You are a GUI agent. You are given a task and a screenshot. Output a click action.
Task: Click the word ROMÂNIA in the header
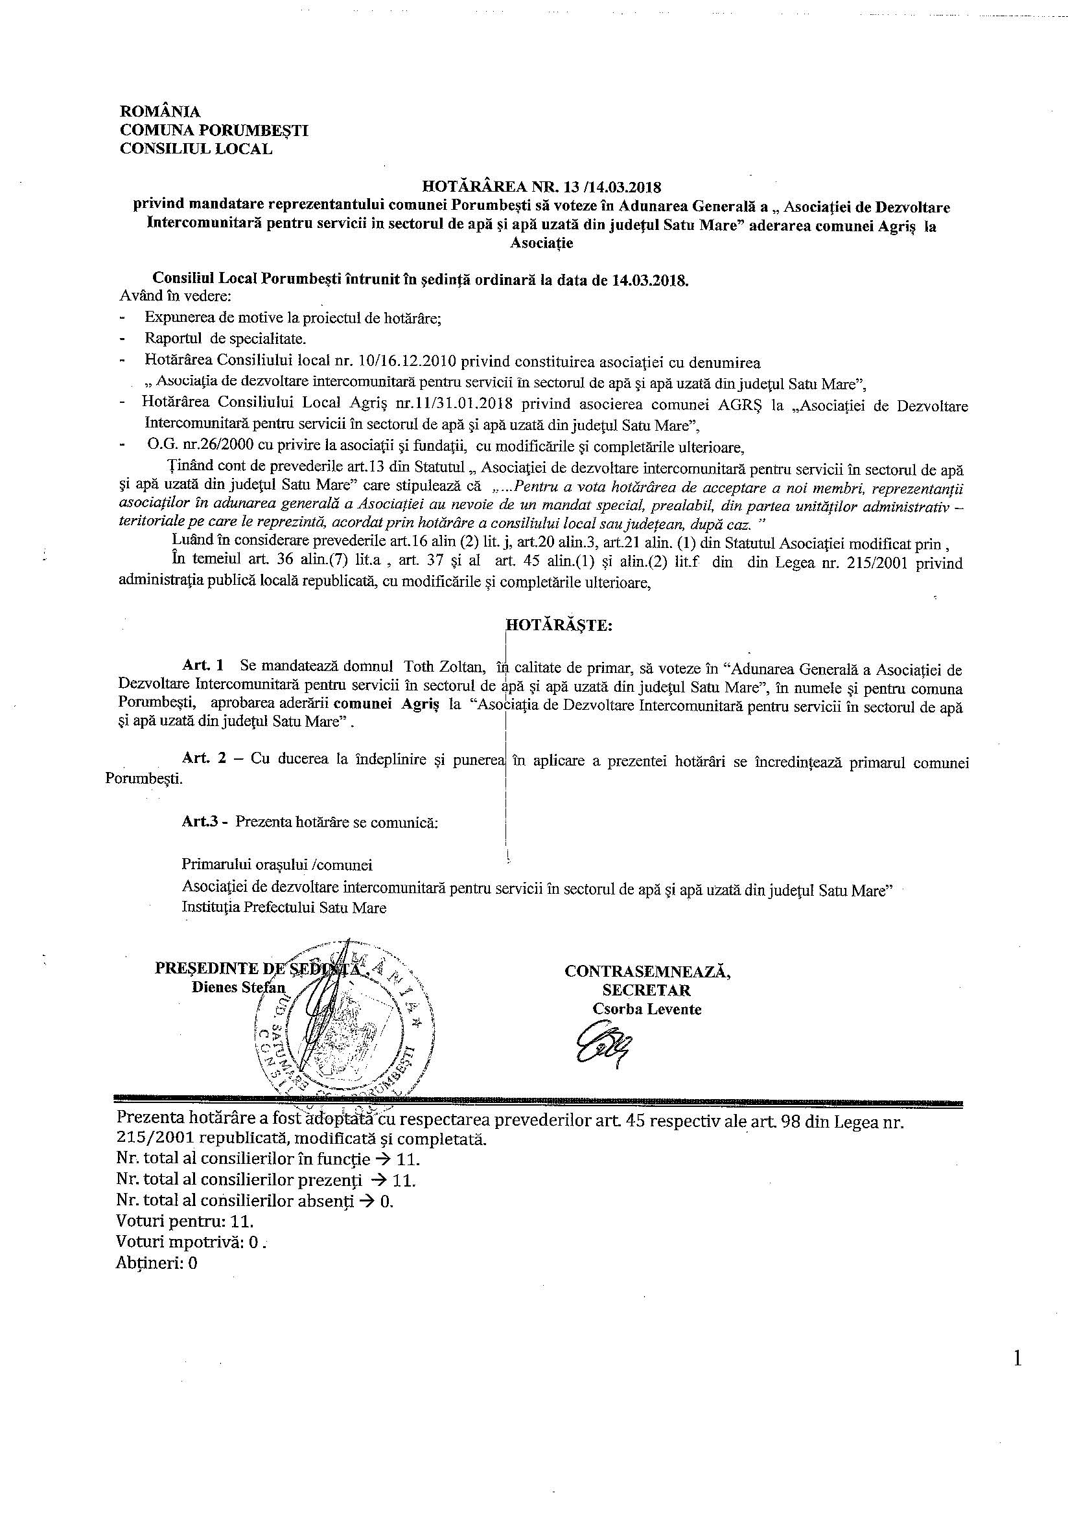[x=159, y=112]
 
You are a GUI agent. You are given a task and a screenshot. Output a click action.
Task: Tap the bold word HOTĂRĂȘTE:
[x=559, y=626]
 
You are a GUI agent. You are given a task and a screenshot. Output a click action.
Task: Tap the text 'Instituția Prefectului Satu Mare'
[x=284, y=907]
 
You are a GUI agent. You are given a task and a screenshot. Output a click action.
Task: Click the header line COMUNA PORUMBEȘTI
[x=214, y=130]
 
